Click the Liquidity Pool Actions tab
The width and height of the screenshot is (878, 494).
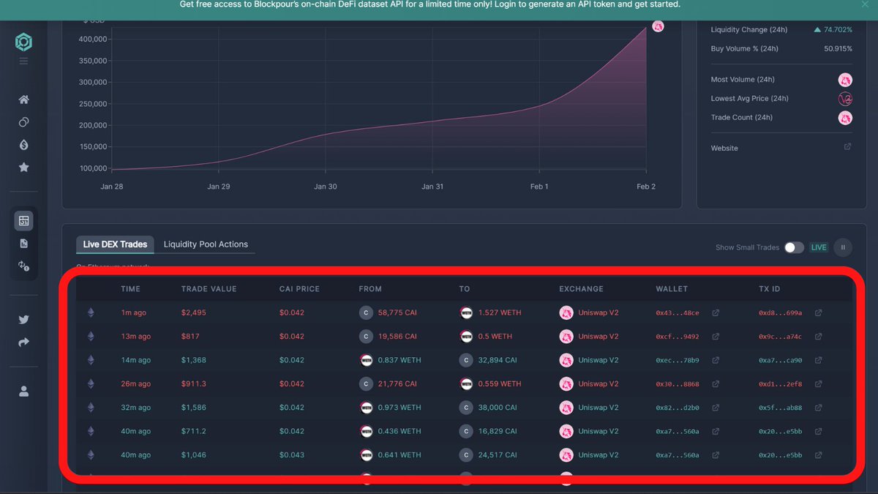click(x=206, y=244)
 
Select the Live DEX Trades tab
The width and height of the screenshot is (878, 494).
click(x=115, y=244)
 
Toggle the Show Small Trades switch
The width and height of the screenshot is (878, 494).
click(x=794, y=247)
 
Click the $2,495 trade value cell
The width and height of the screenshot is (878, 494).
click(x=194, y=313)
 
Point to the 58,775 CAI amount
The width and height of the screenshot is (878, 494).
click(x=397, y=313)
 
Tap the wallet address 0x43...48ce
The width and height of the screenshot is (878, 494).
click(x=677, y=313)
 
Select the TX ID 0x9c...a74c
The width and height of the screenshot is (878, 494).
click(x=780, y=337)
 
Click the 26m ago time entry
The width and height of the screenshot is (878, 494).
click(x=135, y=383)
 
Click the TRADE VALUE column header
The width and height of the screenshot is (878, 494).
click(x=209, y=289)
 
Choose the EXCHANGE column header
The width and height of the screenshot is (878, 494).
click(x=581, y=289)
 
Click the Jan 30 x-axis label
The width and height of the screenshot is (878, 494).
click(x=326, y=187)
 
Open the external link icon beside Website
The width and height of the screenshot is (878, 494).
click(x=847, y=147)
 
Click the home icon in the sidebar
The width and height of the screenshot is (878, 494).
click(x=24, y=100)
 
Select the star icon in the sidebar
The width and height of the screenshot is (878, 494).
click(x=24, y=168)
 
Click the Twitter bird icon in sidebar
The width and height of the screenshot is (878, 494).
click(x=24, y=319)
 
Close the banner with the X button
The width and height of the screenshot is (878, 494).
click(x=865, y=4)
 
